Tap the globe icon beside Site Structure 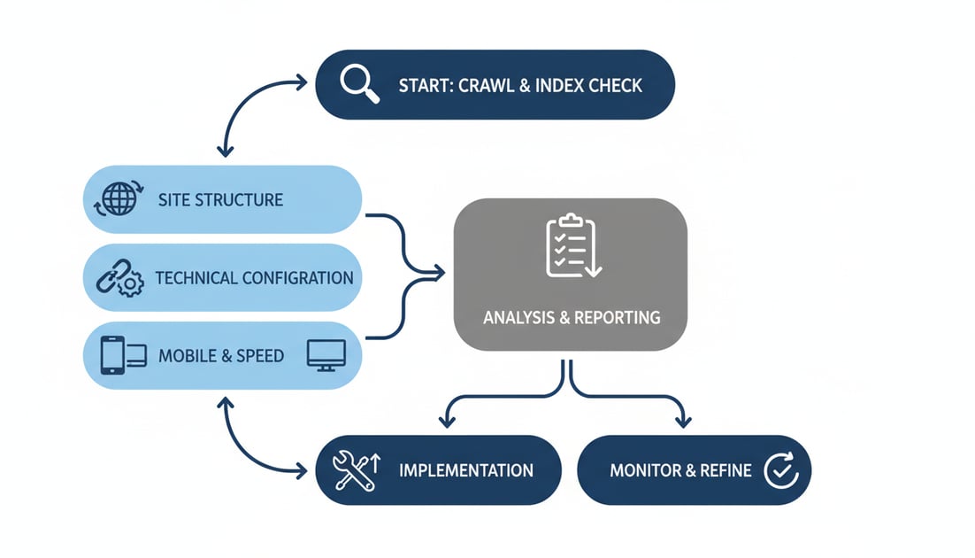click(119, 198)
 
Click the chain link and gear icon click(119, 277)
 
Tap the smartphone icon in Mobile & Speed click(112, 356)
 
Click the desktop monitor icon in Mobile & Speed click(323, 355)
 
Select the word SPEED click(259, 356)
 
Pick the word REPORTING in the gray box click(618, 317)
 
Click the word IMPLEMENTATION click(466, 469)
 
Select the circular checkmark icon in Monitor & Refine click(780, 469)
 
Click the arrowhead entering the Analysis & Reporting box click(440, 273)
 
